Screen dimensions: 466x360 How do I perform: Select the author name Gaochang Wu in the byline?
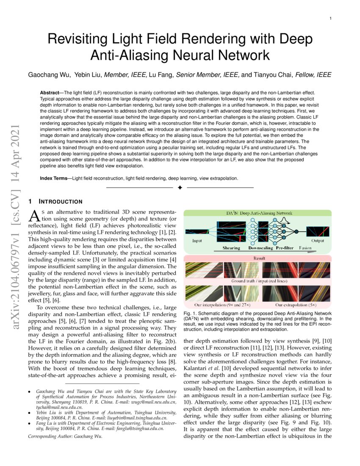click(x=47, y=75)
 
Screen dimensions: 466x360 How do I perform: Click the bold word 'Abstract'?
click(x=51, y=92)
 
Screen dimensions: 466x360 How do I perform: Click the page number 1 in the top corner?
click(x=330, y=19)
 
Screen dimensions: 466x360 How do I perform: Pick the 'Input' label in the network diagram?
click(x=197, y=241)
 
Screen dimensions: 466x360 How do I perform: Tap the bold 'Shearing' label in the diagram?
click(x=231, y=248)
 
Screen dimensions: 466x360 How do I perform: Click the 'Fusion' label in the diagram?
click(x=305, y=248)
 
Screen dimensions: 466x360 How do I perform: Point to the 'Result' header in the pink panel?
click(x=259, y=258)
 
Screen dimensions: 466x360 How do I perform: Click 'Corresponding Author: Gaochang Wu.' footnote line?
click(x=65, y=435)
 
